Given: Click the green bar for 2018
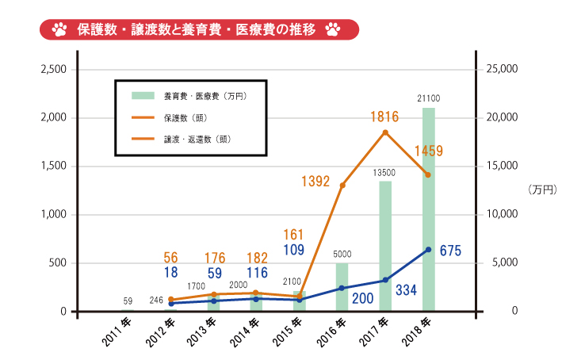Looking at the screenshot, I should [428, 209].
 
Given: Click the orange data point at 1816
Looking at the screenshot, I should [385, 132].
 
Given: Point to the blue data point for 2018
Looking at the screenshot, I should [428, 250].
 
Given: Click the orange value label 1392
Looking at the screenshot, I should [315, 182].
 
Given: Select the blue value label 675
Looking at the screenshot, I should [449, 251].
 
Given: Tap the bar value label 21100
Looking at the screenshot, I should [429, 98].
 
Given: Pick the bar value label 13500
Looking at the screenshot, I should [385, 172].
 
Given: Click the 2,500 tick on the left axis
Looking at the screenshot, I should [53, 70].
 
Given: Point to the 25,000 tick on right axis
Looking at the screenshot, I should [501, 70].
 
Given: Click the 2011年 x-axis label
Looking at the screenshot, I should [116, 332].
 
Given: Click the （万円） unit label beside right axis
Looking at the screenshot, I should [541, 190].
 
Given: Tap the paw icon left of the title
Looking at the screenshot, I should [59, 30].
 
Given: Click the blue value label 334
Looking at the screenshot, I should [405, 289].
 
